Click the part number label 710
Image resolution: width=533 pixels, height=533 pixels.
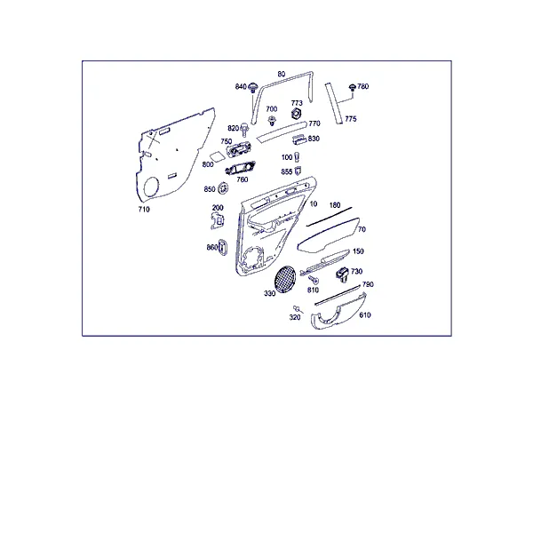pyautogui.click(x=144, y=210)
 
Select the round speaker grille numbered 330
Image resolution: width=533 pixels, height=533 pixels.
pyautogui.click(x=285, y=279)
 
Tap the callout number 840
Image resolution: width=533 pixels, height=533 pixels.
pyautogui.click(x=241, y=87)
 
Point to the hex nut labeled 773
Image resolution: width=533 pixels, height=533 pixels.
pyautogui.click(x=297, y=114)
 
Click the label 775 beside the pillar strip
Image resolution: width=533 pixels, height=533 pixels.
pyautogui.click(x=351, y=119)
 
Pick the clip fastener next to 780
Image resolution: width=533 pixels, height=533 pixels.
pyautogui.click(x=353, y=88)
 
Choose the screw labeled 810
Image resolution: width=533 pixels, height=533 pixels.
pyautogui.click(x=314, y=280)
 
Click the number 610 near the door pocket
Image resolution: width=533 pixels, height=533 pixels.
pyautogui.click(x=365, y=315)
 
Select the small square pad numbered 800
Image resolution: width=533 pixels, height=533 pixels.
pyautogui.click(x=216, y=156)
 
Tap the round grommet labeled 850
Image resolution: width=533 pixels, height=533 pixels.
pyautogui.click(x=223, y=188)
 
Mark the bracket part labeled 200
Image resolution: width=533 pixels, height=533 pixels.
pyautogui.click(x=218, y=220)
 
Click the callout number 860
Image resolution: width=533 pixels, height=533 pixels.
pyautogui.click(x=211, y=248)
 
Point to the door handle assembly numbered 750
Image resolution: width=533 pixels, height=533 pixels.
pyautogui.click(x=239, y=149)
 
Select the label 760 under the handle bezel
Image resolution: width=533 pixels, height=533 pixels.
pyautogui.click(x=242, y=179)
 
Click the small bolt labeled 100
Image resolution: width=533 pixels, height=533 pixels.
pyautogui.click(x=297, y=157)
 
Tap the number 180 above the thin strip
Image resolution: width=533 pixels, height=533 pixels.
pyautogui.click(x=335, y=205)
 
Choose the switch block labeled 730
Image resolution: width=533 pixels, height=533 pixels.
pyautogui.click(x=343, y=274)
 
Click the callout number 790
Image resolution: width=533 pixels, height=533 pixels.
pyautogui.click(x=368, y=284)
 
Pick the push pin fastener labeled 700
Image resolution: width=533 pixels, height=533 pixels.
pyautogui.click(x=272, y=120)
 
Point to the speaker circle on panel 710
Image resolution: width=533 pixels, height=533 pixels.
pyautogui.click(x=151, y=187)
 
